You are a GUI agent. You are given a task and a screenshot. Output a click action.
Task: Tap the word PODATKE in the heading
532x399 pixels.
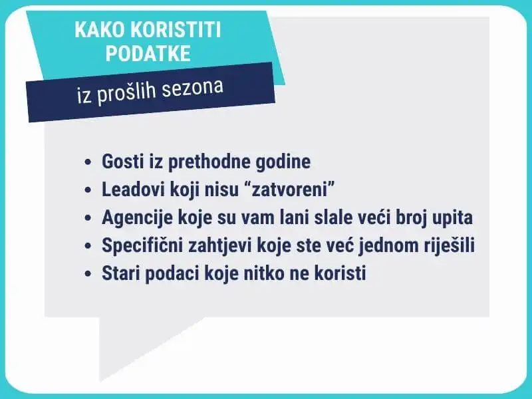pos(148,53)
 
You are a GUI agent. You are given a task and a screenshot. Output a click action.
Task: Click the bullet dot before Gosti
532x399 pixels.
pos(88,162)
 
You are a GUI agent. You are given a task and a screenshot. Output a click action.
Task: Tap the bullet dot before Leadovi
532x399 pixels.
pos(88,190)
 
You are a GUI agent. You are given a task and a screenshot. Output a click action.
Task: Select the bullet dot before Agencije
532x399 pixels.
pos(88,218)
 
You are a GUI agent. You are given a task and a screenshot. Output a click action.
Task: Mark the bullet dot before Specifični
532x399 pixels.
pos(88,245)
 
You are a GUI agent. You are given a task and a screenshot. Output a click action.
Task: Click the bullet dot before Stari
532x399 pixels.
pos(88,273)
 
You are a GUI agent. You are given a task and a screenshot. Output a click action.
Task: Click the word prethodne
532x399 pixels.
pos(209,162)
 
